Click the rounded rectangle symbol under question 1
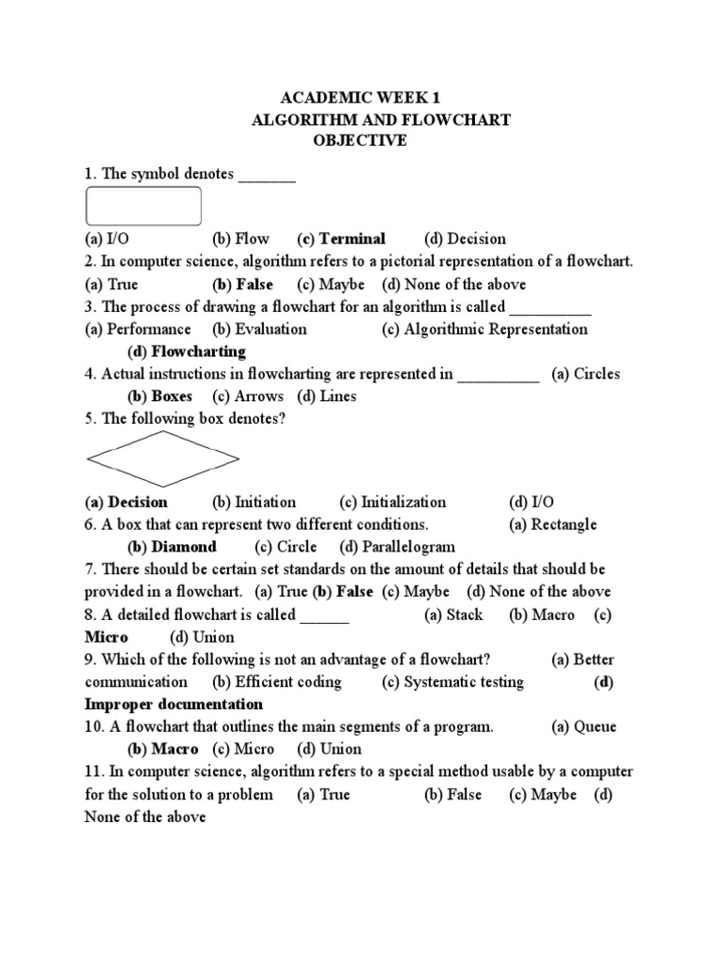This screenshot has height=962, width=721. tap(143, 206)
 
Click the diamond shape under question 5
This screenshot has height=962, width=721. tap(162, 459)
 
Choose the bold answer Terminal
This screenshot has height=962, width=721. tap(353, 239)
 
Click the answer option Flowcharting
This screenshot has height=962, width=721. tap(198, 351)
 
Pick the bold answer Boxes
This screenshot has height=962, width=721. tap(172, 396)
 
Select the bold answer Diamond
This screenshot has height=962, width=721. tap(184, 547)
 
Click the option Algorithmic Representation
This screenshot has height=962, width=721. tap(496, 329)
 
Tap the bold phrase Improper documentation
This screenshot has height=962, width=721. tap(174, 705)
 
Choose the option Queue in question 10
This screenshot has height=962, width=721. tap(595, 727)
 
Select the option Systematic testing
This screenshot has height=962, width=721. tap(464, 682)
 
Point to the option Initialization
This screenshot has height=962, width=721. tap(404, 502)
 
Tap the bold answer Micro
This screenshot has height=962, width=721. tap(106, 637)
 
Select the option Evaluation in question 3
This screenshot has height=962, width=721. tap(270, 329)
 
